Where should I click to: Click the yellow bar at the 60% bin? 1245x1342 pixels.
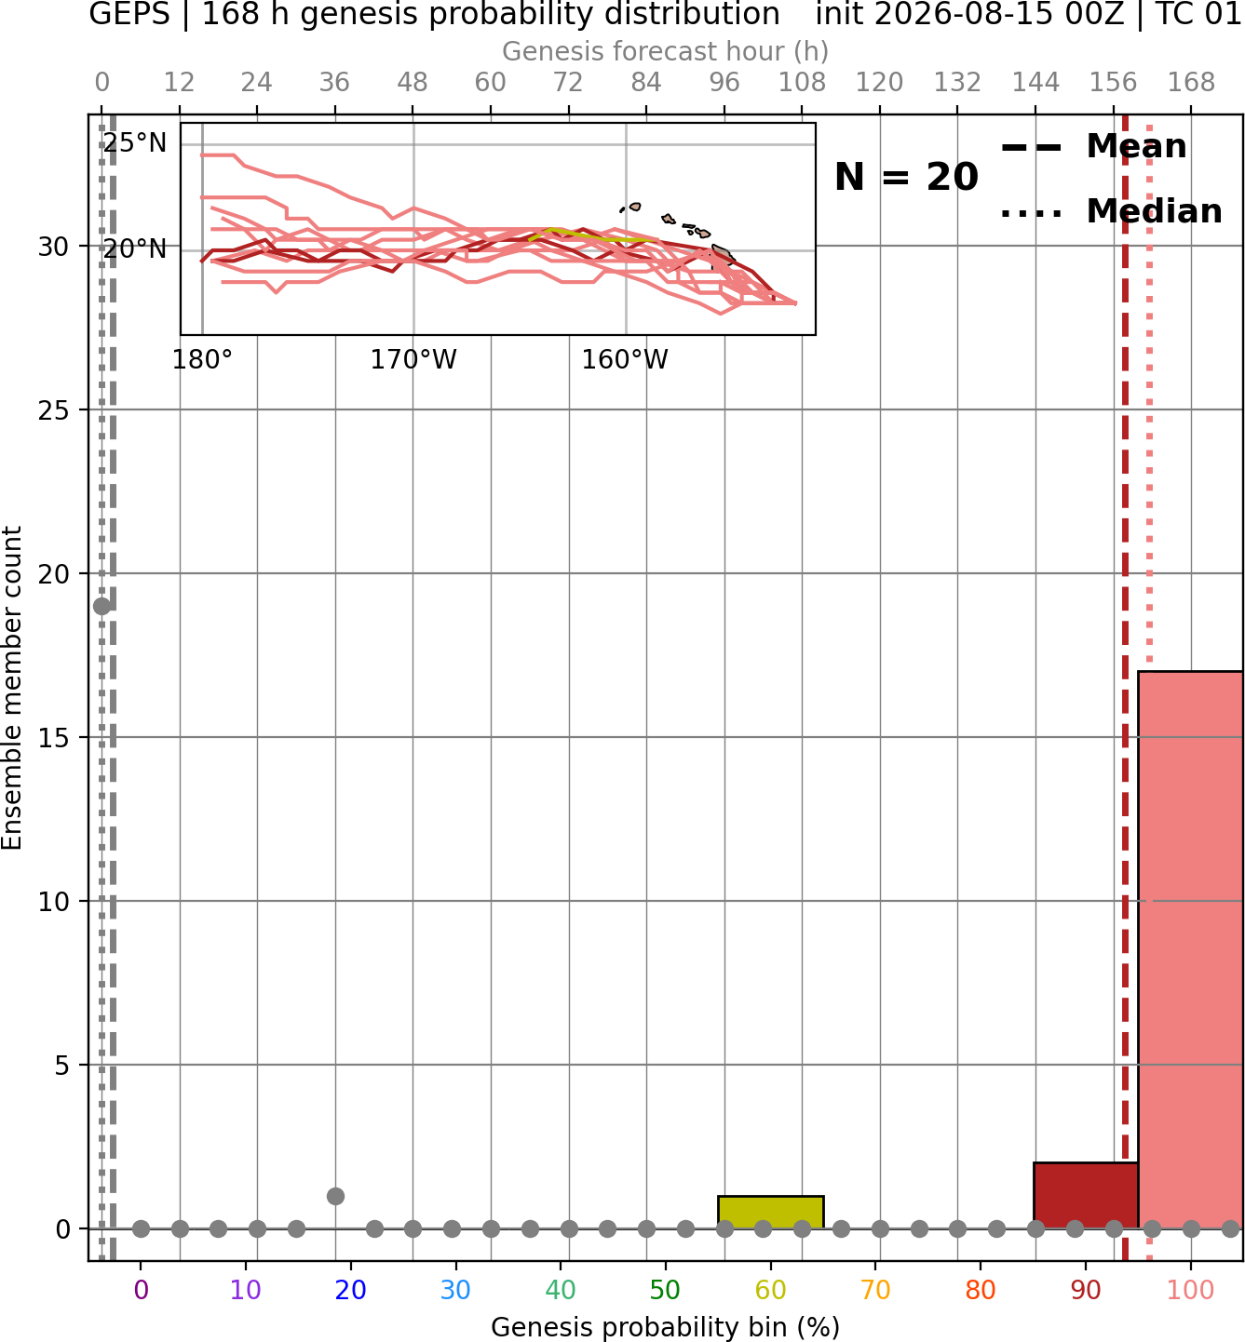pyautogui.click(x=770, y=1213)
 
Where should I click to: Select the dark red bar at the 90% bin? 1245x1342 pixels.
pyautogui.click(x=1086, y=1196)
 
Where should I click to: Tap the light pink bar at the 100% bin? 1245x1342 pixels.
pyautogui.click(x=1190, y=950)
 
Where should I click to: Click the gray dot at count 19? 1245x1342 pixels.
pyautogui.click(x=102, y=606)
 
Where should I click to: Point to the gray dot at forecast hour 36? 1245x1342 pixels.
pyautogui.click(x=335, y=1196)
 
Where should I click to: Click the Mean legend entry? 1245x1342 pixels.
pyautogui.click(x=1093, y=147)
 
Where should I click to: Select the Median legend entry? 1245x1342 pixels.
pyautogui.click(x=1111, y=211)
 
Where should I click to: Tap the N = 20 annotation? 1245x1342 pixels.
pyautogui.click(x=906, y=177)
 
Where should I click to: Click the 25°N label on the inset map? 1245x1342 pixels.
pyautogui.click(x=135, y=143)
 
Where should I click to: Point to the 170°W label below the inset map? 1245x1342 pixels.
pyautogui.click(x=413, y=359)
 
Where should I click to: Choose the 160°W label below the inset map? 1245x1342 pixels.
pyautogui.click(x=625, y=359)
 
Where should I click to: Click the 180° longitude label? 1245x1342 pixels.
pyautogui.click(x=202, y=359)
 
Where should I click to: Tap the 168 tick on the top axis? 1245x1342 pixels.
pyautogui.click(x=1191, y=83)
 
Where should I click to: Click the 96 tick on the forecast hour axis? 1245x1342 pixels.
pyautogui.click(x=724, y=83)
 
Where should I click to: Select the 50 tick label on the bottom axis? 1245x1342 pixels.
pyautogui.click(x=665, y=1290)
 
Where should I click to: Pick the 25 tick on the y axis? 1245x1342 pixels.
pyautogui.click(x=53, y=410)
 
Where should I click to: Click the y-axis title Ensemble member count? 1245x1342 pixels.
pyautogui.click(x=11, y=688)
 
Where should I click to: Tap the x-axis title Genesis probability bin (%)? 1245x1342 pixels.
pyautogui.click(x=666, y=1327)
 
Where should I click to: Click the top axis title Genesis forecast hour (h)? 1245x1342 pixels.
pyautogui.click(x=666, y=51)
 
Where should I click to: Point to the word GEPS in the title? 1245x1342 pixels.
pyautogui.click(x=129, y=14)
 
